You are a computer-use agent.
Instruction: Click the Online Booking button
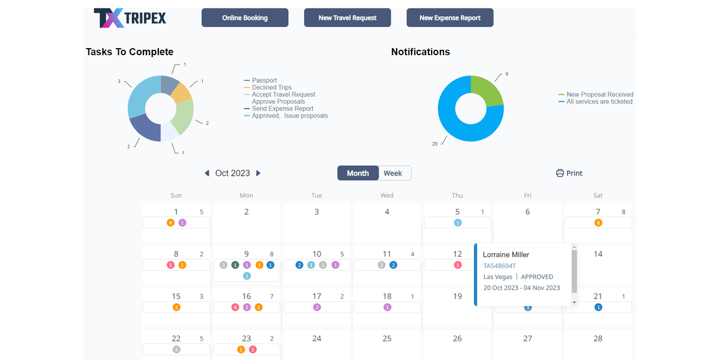pos(245,18)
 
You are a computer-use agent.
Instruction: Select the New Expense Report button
pos(450,18)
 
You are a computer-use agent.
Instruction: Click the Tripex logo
pos(130,18)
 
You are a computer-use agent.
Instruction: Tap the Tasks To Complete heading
pos(130,52)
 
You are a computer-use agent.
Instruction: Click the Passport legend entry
pos(264,80)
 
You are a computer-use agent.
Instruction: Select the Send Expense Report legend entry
pos(282,109)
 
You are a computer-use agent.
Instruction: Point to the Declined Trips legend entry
pos(271,88)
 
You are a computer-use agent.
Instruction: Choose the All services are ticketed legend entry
pos(599,101)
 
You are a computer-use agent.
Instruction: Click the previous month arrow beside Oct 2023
pos(207,173)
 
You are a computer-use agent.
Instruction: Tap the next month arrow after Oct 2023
pos(259,173)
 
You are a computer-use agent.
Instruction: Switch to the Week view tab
pos(393,173)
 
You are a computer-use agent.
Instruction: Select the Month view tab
pos(358,173)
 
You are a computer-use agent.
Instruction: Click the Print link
pos(569,173)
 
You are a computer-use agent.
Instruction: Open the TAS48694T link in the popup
pos(499,266)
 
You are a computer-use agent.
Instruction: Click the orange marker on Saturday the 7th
pos(598,223)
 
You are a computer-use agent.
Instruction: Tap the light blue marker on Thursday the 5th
pos(458,223)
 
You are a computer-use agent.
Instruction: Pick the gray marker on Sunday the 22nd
pos(176,349)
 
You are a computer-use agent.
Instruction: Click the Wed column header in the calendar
pos(387,196)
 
